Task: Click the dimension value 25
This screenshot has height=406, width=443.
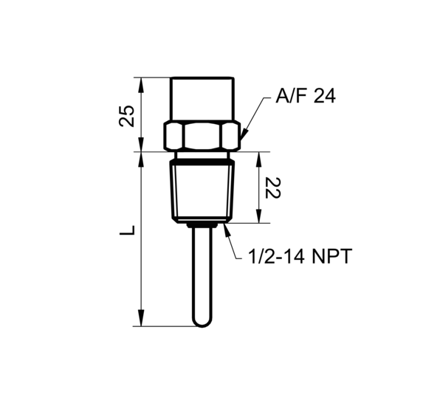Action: tap(127, 115)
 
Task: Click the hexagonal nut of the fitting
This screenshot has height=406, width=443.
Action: tap(202, 135)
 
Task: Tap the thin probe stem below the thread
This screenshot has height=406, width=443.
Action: tap(202, 273)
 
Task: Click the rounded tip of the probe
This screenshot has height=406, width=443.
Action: tap(202, 321)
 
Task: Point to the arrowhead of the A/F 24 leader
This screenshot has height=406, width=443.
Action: tap(243, 134)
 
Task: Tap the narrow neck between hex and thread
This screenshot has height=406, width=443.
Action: tap(202, 156)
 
